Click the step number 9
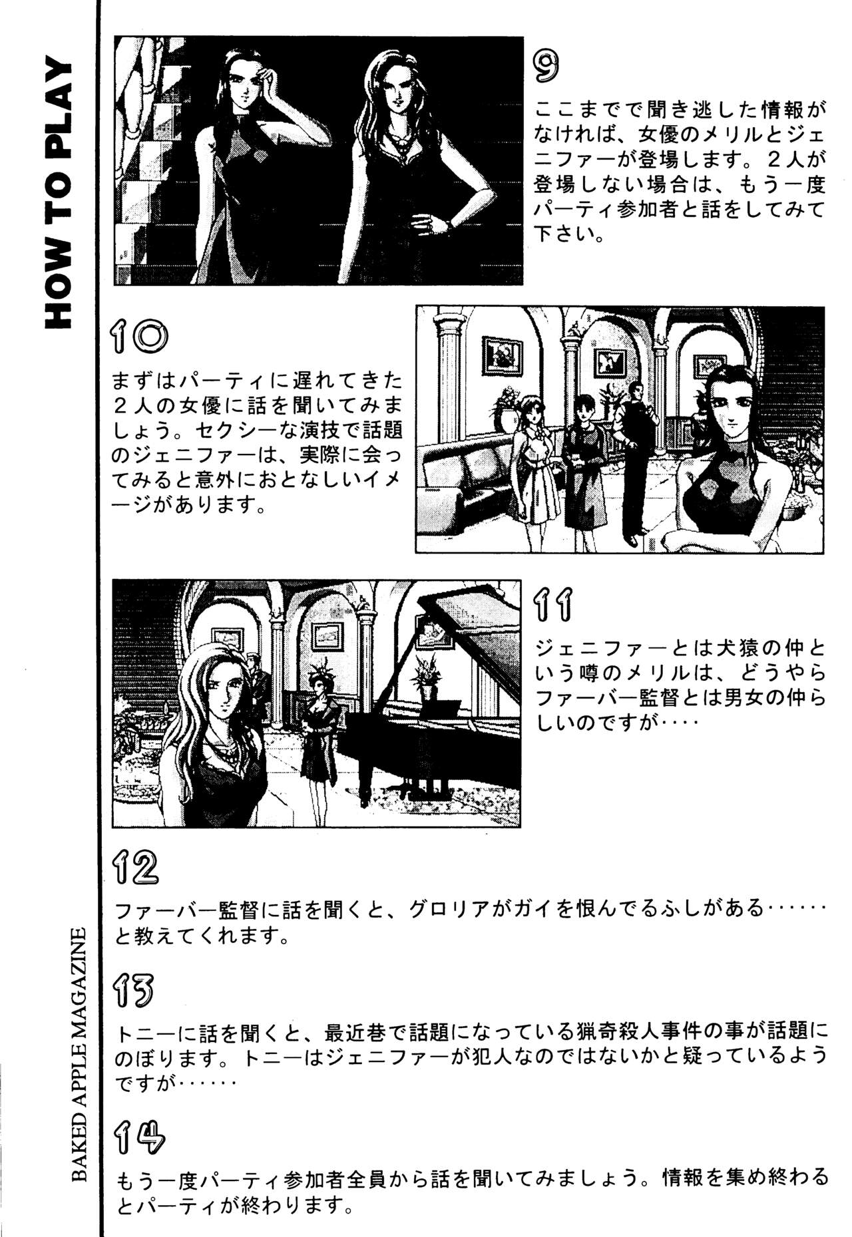click(546, 66)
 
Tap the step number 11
click(553, 605)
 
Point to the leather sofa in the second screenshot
click(466, 486)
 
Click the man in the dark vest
click(633, 452)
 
